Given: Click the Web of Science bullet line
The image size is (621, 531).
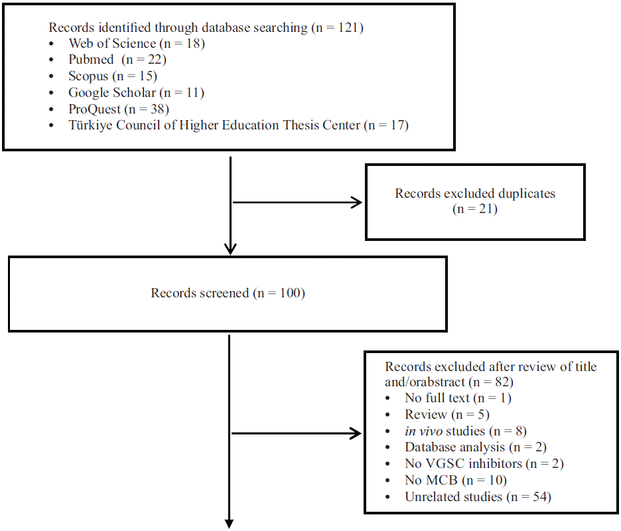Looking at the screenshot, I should (137, 44).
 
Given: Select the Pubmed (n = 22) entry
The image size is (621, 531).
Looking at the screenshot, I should (117, 60).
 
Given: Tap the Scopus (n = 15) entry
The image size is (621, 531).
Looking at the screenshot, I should (113, 76).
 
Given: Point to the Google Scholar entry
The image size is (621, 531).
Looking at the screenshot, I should (136, 92).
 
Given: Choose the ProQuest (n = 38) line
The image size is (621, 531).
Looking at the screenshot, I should (119, 109).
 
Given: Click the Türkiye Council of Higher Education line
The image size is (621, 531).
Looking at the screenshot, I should (238, 125).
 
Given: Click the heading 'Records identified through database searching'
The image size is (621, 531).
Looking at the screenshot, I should (206, 28).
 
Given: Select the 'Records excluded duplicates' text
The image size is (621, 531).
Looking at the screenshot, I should (475, 194).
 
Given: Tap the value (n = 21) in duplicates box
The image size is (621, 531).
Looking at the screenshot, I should (475, 209).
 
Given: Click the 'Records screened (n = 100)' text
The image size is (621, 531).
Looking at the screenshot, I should (228, 293).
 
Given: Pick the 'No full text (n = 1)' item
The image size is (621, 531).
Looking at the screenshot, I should (458, 398).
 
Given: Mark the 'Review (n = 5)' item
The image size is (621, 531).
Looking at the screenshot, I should (447, 415).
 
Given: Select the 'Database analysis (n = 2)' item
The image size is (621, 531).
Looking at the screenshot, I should (476, 447).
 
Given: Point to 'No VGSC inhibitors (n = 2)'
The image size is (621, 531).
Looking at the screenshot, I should (484, 464).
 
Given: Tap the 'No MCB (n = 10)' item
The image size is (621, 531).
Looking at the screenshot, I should (456, 480).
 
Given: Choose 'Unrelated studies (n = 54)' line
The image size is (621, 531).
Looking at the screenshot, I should (478, 496).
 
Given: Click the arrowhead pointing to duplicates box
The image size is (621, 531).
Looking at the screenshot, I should (357, 202).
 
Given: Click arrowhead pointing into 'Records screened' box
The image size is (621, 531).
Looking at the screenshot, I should (230, 249).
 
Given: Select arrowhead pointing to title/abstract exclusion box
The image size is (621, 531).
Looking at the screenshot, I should (356, 434).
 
